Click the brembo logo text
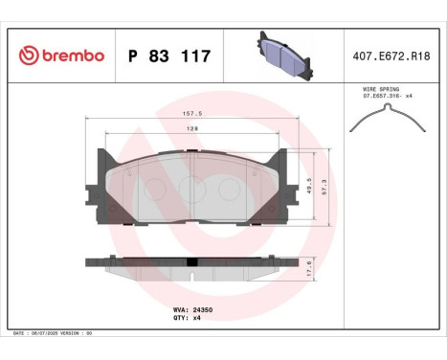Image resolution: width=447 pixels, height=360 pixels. pos(67,56)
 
